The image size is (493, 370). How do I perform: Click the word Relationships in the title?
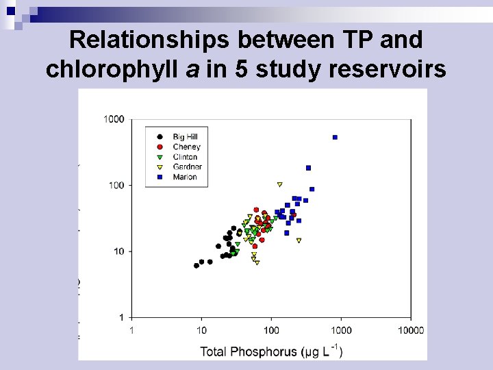pyautogui.click(x=149, y=40)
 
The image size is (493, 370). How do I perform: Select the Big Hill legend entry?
pyautogui.click(x=185, y=137)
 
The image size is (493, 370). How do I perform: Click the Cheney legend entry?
pyautogui.click(x=186, y=147)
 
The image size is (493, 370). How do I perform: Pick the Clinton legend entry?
pyautogui.click(x=185, y=157)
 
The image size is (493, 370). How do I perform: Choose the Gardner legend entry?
pyautogui.click(x=187, y=166)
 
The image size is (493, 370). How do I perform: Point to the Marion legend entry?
pyautogui.click(x=184, y=177)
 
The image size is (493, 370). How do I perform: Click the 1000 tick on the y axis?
pyautogui.click(x=114, y=120)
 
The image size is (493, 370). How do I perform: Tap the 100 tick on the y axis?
pyautogui.click(x=116, y=186)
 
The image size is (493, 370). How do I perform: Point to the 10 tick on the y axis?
pyautogui.click(x=118, y=251)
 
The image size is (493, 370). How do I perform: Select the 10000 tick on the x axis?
pyautogui.click(x=411, y=331)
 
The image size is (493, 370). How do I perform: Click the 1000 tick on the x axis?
pyautogui.click(x=341, y=331)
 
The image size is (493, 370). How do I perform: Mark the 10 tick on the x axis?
pyautogui.click(x=201, y=331)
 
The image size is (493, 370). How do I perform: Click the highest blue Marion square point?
pyautogui.click(x=335, y=137)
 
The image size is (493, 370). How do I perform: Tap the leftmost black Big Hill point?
pyautogui.click(x=197, y=266)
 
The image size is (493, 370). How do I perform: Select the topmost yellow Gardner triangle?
pyautogui.click(x=279, y=184)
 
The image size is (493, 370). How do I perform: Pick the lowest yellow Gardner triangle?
pyautogui.click(x=257, y=262)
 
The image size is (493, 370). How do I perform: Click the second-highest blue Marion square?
pyautogui.click(x=308, y=168)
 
